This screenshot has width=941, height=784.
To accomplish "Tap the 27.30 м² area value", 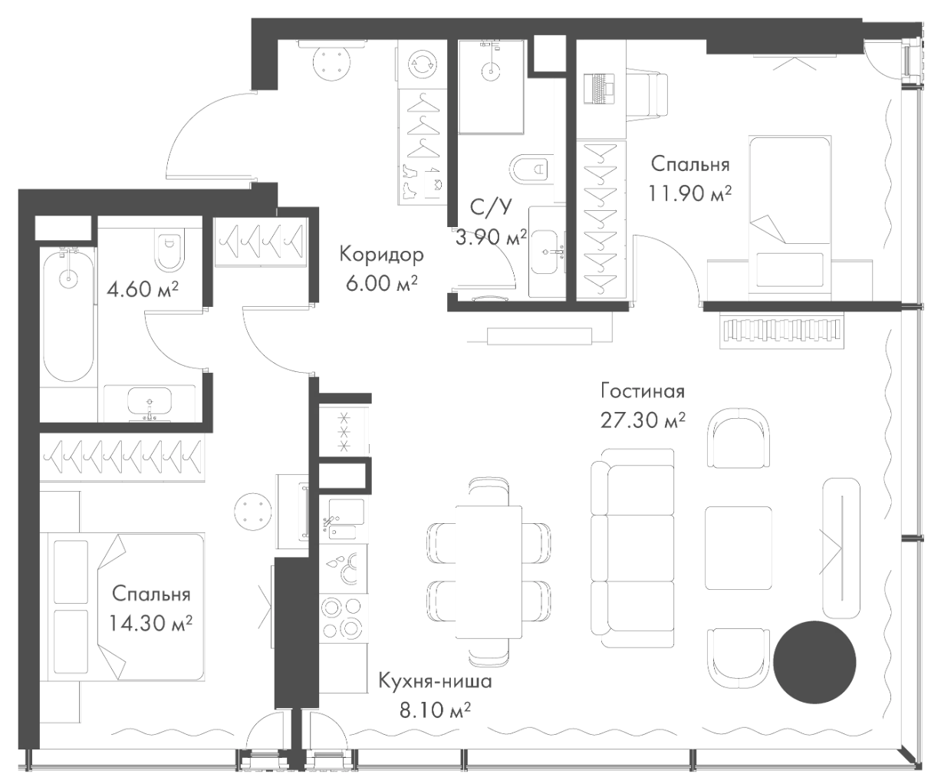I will point(642,420).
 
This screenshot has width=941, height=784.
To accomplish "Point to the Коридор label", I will point(381,254).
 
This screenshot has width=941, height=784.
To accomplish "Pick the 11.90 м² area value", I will point(688,194).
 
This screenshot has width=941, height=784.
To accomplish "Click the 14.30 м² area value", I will point(151,624).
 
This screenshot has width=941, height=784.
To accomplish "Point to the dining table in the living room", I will point(489,572).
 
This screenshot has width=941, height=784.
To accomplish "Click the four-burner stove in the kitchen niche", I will point(342,617).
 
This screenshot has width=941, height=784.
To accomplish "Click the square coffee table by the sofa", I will point(738,548).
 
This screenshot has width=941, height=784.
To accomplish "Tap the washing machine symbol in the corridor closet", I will point(422,64).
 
